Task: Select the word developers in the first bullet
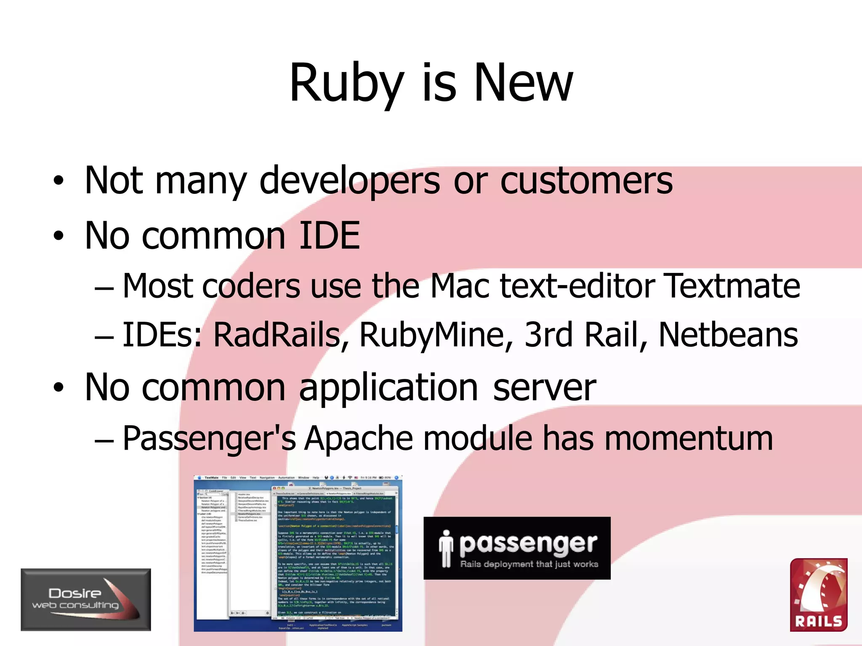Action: click(x=349, y=181)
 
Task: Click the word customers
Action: click(x=586, y=181)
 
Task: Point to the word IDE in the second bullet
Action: click(x=329, y=236)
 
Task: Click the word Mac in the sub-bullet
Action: click(x=460, y=286)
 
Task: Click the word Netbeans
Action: click(x=728, y=335)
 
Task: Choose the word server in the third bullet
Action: click(x=544, y=387)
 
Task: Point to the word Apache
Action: click(x=359, y=439)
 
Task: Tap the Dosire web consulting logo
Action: click(x=86, y=599)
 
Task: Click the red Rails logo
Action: click(x=819, y=595)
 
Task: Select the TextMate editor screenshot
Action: click(x=298, y=553)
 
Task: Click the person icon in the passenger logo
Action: click(x=446, y=548)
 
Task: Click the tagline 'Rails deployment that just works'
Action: click(x=529, y=564)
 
